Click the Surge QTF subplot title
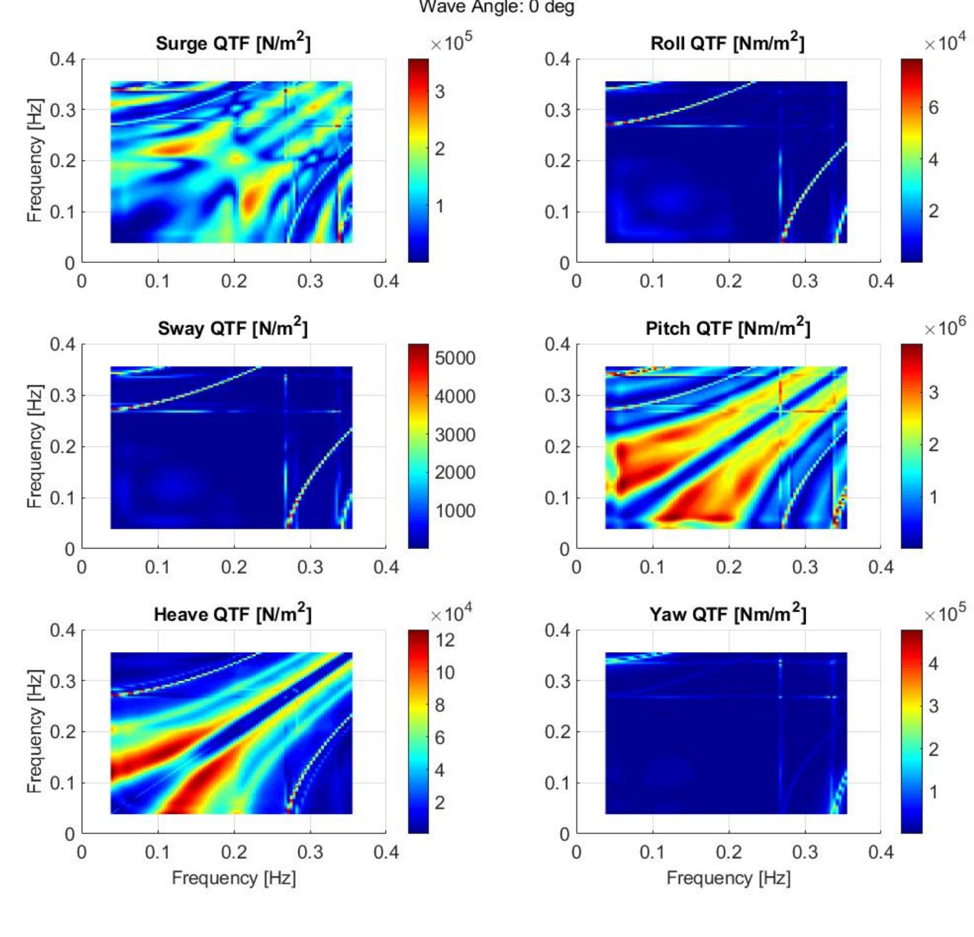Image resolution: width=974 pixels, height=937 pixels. (233, 43)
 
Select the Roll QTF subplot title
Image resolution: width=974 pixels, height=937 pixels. (727, 43)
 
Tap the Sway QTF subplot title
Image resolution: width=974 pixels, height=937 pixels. (233, 329)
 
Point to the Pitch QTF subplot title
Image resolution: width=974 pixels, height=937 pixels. (728, 329)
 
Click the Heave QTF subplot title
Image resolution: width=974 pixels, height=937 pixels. (233, 614)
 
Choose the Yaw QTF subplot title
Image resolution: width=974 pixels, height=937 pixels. (728, 614)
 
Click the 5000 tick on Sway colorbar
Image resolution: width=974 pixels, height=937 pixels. (454, 358)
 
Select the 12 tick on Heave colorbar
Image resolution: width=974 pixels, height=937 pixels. (445, 640)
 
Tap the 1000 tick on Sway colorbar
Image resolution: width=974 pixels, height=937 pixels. (454, 511)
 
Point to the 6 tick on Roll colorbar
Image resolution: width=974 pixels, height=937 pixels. (933, 108)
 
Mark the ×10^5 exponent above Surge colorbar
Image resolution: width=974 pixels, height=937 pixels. (451, 42)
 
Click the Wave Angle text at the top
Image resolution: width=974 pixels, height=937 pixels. (496, 8)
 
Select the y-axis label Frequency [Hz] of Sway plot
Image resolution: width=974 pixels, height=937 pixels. (35, 446)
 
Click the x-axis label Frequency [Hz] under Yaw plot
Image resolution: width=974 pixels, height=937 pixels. (728, 878)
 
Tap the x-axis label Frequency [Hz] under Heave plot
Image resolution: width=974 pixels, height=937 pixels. (233, 878)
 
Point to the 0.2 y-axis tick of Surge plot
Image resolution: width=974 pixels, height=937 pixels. (63, 160)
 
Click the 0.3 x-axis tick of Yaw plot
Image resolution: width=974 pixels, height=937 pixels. (804, 853)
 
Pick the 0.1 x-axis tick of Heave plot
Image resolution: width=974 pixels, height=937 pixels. (157, 853)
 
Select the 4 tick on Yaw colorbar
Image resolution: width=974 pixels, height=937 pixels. (933, 664)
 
